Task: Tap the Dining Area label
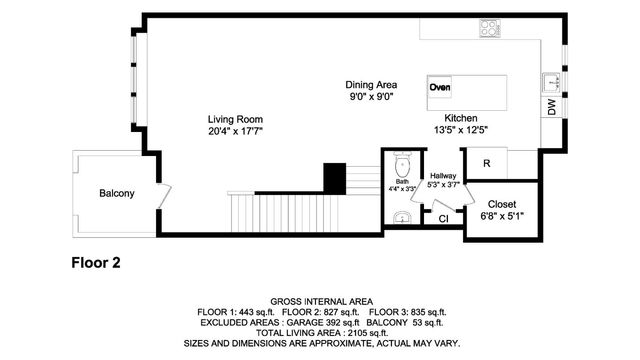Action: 370,85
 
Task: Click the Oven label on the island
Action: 440,87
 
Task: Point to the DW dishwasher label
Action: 552,107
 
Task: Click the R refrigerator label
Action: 487,163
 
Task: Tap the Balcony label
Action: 116,193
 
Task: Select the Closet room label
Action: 502,203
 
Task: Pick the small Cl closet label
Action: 443,218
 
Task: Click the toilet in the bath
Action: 402,163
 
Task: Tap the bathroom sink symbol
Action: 401,217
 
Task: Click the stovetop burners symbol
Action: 489,28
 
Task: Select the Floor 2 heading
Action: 96,264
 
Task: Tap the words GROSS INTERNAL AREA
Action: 320,301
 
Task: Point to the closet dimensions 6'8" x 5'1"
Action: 502,215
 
